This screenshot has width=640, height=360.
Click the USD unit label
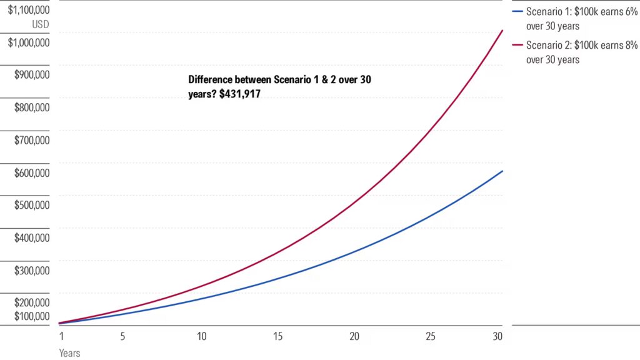click(x=41, y=25)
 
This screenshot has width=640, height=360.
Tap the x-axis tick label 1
click(x=61, y=336)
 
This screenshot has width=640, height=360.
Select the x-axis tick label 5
click(x=122, y=336)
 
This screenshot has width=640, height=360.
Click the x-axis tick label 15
click(x=277, y=336)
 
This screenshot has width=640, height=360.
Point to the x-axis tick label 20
click(x=354, y=336)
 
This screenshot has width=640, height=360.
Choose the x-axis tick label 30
click(x=497, y=336)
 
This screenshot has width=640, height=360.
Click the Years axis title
click(x=69, y=353)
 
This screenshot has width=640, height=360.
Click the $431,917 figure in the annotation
click(x=240, y=94)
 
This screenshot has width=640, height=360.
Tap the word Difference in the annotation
click(x=210, y=81)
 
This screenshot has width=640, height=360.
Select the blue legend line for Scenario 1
click(x=517, y=12)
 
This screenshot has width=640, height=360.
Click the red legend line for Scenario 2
click(x=517, y=45)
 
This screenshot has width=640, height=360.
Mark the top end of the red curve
click(x=502, y=30)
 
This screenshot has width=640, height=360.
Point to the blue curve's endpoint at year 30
click(x=502, y=171)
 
